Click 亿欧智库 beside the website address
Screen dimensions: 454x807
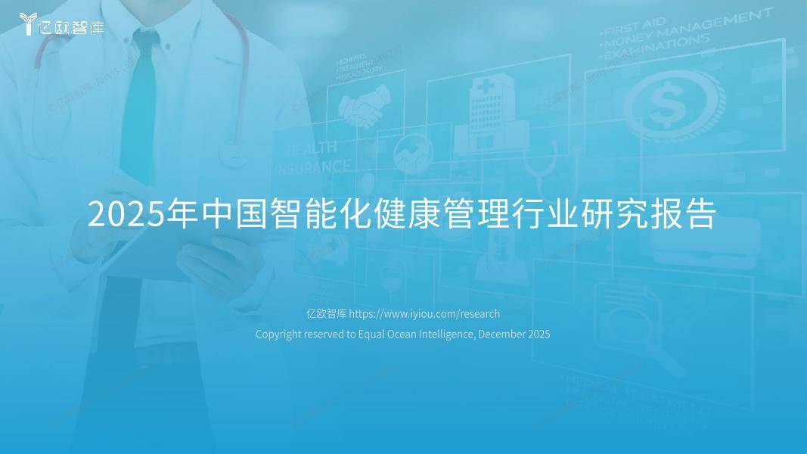pyautogui.click(x=325, y=313)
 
